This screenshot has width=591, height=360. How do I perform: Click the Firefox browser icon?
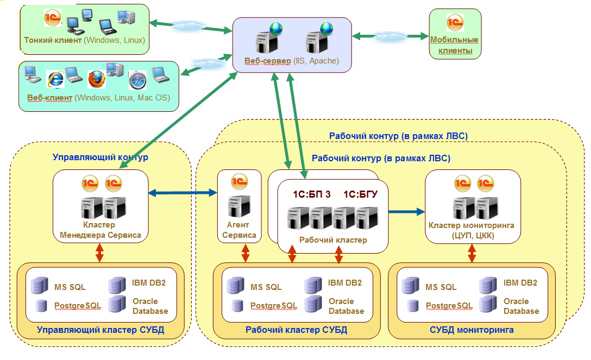pyautogui.click(x=97, y=79)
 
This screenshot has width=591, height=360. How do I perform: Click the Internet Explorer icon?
pyautogui.click(x=55, y=79)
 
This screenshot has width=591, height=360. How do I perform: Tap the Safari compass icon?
pyautogui.click(x=137, y=80)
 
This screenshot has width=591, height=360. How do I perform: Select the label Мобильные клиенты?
pyautogui.click(x=455, y=45)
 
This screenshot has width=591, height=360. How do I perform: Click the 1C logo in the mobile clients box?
pyautogui.click(x=455, y=23)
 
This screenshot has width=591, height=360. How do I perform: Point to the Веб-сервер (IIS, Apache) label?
pyautogui.click(x=291, y=61)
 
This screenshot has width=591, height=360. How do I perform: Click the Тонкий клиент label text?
pyautogui.click(x=53, y=40)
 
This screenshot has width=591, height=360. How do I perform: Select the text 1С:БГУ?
pyautogui.click(x=360, y=194)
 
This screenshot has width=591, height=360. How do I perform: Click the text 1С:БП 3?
pyautogui.click(x=312, y=194)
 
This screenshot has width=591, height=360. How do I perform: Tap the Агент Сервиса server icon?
pyautogui.click(x=239, y=206)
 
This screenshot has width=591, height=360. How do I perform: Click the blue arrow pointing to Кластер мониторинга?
pyautogui.click(x=407, y=212)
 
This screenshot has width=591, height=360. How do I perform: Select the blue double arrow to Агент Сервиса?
pyautogui.click(x=183, y=193)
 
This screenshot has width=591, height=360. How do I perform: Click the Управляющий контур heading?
pyautogui.click(x=100, y=157)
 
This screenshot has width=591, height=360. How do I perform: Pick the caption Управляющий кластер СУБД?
pyautogui.click(x=100, y=330)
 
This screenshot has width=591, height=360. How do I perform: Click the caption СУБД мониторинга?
pyautogui.click(x=471, y=330)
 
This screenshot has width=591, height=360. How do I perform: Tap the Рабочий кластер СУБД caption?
pyautogui.click(x=296, y=330)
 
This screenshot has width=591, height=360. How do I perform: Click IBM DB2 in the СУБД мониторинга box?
pyautogui.click(x=520, y=283)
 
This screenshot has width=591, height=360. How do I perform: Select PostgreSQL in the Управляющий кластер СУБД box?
pyautogui.click(x=78, y=306)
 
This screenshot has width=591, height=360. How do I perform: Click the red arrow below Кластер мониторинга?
pyautogui.click(x=471, y=253)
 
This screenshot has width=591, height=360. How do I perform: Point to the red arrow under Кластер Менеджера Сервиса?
pyautogui.click(x=99, y=252)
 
